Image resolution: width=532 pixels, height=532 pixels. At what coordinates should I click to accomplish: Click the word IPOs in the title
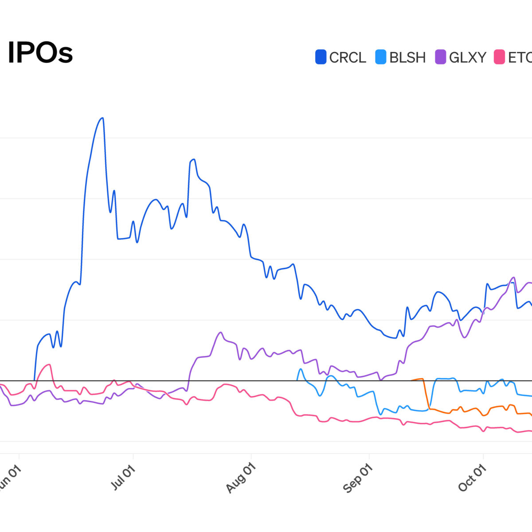tap(40, 53)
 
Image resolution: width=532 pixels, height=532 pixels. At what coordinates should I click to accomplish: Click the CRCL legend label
tap(348, 58)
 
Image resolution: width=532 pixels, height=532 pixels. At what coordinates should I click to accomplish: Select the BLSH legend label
tap(407, 58)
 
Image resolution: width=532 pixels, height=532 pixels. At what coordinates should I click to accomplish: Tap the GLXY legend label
tap(467, 58)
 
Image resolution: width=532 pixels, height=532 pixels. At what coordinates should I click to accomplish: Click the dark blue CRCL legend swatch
tap(321, 57)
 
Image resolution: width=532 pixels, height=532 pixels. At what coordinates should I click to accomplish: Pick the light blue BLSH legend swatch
tap(381, 57)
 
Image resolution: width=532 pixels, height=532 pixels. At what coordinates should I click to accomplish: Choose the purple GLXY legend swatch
tap(440, 57)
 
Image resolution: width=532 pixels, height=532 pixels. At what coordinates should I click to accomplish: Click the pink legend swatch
tap(500, 57)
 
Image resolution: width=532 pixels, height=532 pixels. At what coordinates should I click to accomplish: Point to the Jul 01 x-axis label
tap(123, 478)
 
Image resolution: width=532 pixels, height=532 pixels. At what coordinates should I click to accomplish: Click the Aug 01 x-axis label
tap(241, 478)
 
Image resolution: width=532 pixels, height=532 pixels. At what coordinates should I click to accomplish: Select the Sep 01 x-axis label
tap(358, 478)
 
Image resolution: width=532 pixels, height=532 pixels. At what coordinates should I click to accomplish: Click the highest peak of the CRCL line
tap(102, 118)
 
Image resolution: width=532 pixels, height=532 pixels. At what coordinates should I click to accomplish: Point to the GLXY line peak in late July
tap(221, 332)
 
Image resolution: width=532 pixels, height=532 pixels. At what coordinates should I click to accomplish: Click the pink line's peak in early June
tap(49, 364)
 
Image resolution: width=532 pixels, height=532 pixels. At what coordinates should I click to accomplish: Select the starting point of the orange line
tap(412, 380)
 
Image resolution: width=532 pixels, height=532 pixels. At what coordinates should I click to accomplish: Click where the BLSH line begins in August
tap(297, 380)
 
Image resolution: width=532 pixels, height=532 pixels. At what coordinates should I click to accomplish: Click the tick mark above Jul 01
tap(133, 456)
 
